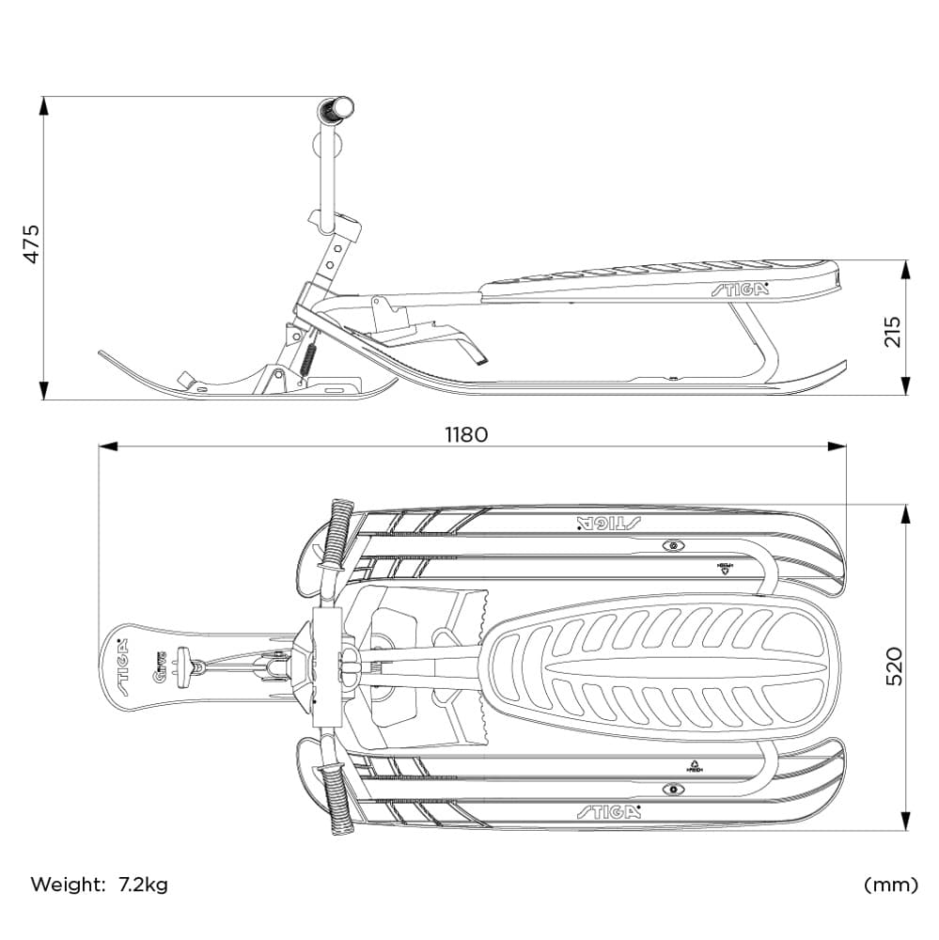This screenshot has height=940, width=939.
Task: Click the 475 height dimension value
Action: coord(32,243)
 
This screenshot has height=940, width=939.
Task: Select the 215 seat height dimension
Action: coord(892,331)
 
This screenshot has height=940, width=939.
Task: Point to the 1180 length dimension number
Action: coord(466,434)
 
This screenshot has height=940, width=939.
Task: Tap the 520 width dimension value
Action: coord(892,666)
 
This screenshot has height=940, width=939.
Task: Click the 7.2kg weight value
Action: coord(143,885)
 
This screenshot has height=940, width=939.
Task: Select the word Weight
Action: coord(68,885)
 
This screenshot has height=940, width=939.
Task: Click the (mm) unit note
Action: coord(889,885)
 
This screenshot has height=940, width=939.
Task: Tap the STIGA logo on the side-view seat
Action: coord(740,289)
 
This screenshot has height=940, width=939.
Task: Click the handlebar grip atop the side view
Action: coord(336,110)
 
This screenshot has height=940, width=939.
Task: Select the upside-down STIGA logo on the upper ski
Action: coord(607,523)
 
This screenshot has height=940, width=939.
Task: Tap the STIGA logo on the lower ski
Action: coord(608,811)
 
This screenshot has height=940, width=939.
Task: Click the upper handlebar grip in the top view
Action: coord(337,534)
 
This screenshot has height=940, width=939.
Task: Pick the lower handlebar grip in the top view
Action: coord(337,799)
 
